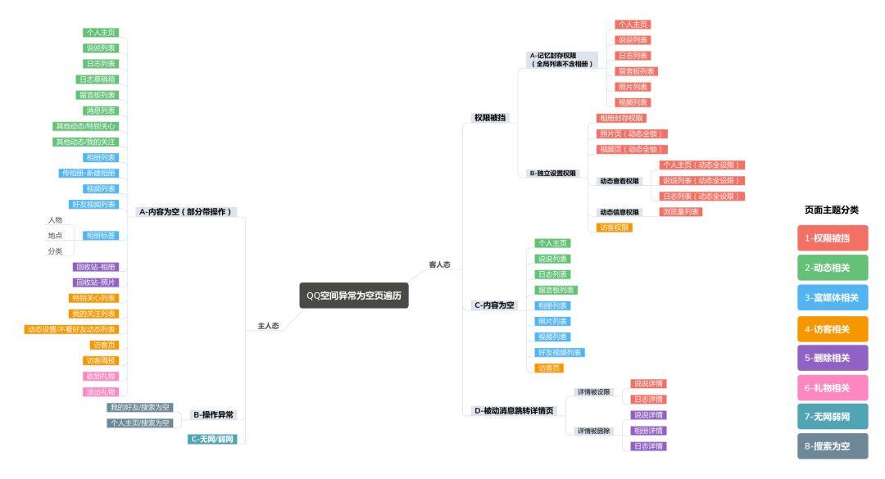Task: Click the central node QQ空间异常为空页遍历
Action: tap(354, 296)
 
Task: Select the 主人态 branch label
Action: tap(268, 326)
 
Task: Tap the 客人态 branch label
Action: tap(439, 264)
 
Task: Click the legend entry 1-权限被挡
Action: tap(832, 238)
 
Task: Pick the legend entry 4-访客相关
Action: tap(832, 328)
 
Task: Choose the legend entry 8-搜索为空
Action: tap(832, 446)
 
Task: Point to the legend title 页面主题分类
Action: tap(832, 210)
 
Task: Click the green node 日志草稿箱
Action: tap(97, 79)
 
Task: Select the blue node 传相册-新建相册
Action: tap(88, 173)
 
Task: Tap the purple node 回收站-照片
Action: tap(97, 282)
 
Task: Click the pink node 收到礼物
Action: tap(101, 377)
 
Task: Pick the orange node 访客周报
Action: tap(101, 361)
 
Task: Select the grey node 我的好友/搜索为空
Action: tap(140, 408)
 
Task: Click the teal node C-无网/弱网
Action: tap(212, 440)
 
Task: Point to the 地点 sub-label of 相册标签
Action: tap(55, 236)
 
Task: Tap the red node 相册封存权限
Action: tap(621, 118)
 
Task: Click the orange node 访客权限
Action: tap(615, 228)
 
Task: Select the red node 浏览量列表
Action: tap(681, 212)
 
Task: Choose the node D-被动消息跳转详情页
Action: tap(514, 411)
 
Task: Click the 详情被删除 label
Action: tap(593, 431)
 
